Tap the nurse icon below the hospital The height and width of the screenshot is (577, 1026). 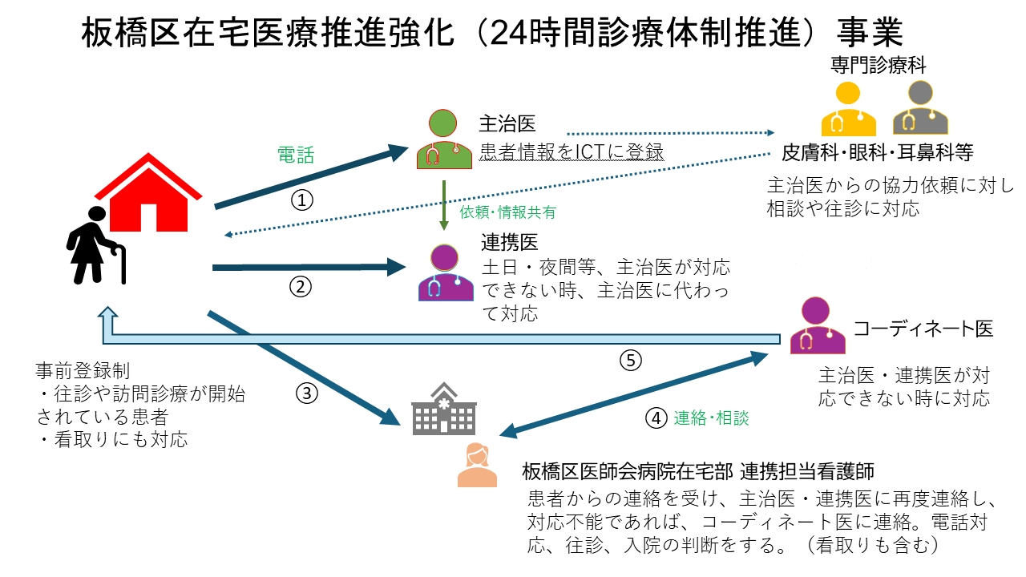coord(478,465)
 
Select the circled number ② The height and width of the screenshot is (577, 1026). coord(301,286)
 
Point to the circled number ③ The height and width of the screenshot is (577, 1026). coord(307,393)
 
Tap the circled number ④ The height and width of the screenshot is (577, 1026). coord(656,418)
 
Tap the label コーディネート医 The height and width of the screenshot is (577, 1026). coord(923,329)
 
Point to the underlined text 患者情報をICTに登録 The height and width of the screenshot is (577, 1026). coord(572,151)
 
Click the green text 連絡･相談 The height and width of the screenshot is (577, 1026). coord(711,418)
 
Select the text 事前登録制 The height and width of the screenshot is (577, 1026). coord(83,370)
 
